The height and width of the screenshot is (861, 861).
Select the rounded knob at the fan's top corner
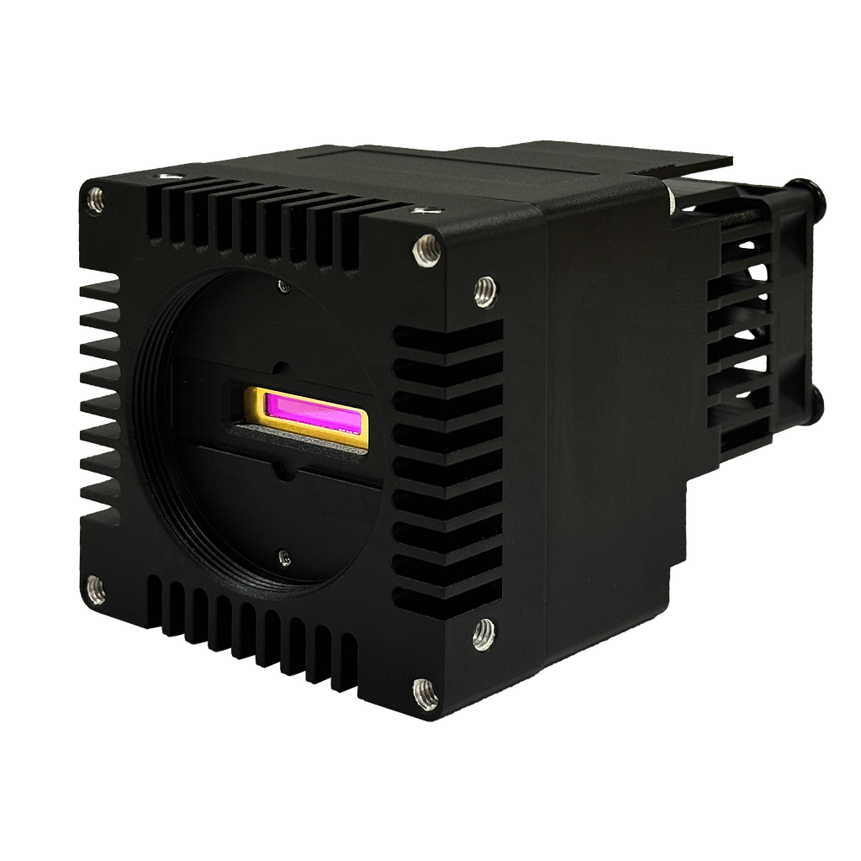pyautogui.click(x=814, y=196)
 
